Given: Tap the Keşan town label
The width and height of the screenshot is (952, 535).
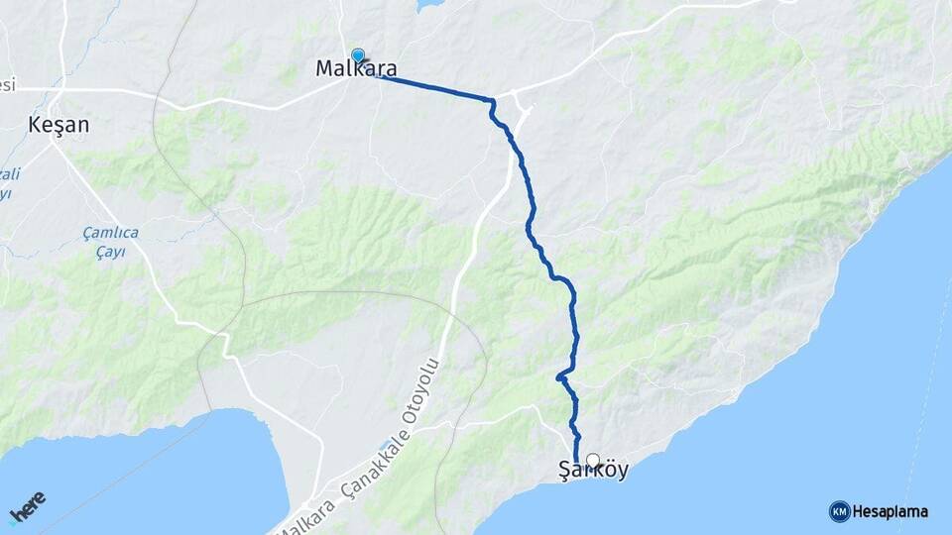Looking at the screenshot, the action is click(59, 126).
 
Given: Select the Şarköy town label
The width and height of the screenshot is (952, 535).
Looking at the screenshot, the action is click(593, 472).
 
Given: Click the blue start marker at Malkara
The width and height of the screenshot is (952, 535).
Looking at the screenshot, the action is click(357, 56).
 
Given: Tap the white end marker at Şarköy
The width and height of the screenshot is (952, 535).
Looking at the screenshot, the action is click(593, 460).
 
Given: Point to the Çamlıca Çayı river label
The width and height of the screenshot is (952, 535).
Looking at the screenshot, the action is click(111, 242).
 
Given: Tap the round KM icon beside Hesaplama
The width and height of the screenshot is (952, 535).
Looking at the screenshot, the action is click(839, 511).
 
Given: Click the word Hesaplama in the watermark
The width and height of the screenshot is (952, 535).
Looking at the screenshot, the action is click(891, 512).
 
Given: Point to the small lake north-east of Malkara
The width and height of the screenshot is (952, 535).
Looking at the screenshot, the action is click(430, 5).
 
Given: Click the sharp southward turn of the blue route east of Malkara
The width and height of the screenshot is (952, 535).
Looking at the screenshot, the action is click(491, 101).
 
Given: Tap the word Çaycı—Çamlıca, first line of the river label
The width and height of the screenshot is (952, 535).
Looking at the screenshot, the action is click(111, 233).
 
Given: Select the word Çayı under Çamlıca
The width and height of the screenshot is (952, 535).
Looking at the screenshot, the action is click(111, 252).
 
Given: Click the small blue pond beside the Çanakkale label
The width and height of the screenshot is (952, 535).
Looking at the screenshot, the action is click(385, 445).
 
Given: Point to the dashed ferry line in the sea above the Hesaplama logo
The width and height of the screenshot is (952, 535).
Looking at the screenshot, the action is click(917, 416).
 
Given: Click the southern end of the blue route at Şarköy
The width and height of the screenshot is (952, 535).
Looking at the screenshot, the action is click(577, 460).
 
